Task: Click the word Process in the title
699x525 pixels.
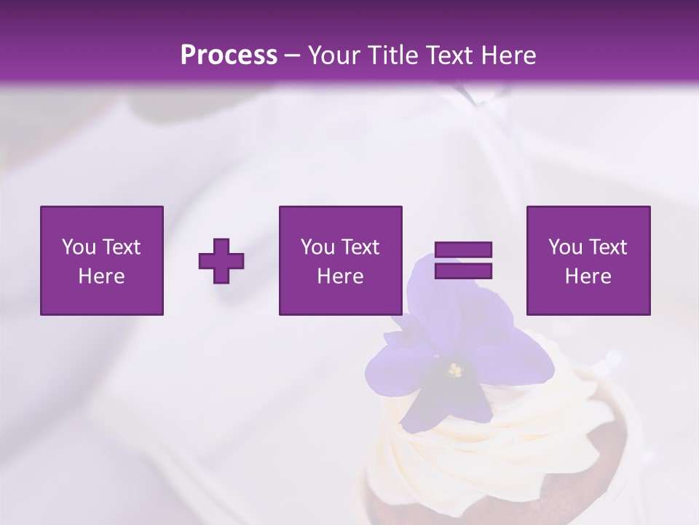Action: tap(229, 55)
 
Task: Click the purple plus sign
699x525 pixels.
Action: tap(221, 261)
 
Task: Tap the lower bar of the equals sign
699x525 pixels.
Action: tap(463, 271)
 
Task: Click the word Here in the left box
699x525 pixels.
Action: tap(101, 276)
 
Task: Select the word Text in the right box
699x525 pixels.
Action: tap(607, 247)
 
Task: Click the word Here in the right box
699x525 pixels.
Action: tap(588, 276)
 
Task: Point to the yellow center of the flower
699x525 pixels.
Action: tap(455, 370)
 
